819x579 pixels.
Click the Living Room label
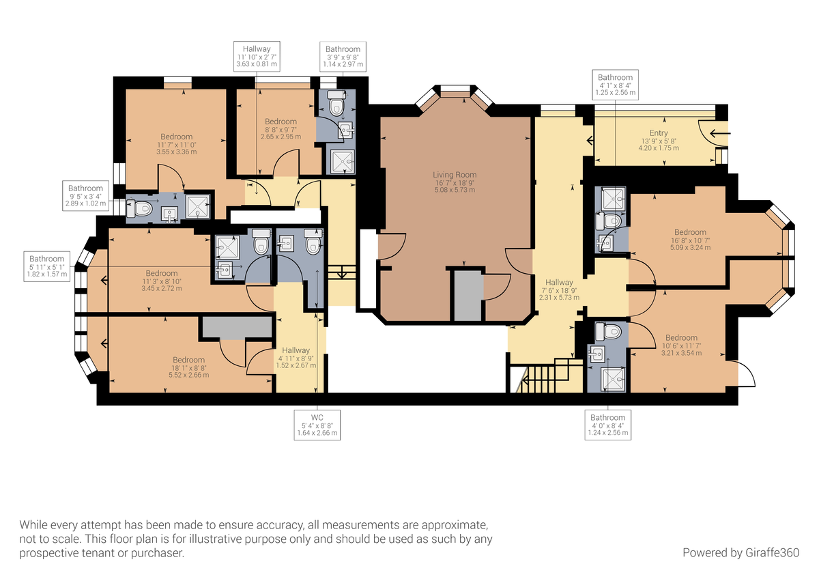tap(455, 182)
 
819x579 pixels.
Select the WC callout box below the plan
tap(316, 425)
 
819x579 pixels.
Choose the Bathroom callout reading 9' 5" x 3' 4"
tap(85, 195)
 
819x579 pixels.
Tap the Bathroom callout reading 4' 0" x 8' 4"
tap(607, 425)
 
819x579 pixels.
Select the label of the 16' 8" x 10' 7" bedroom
tap(690, 240)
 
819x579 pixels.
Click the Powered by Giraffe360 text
tap(741, 552)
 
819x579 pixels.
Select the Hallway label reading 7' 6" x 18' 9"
tap(559, 289)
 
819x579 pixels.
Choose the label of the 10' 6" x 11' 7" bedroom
tap(681, 345)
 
